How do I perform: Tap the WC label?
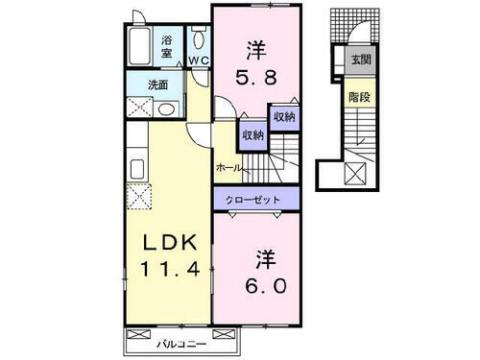coord(200,60)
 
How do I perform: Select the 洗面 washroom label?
coord(157,84)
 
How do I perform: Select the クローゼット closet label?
coord(254,199)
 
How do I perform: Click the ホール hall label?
coord(228,167)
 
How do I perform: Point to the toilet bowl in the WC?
coord(199,38)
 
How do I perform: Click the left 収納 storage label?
coord(252,135)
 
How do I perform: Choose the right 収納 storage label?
coord(283,116)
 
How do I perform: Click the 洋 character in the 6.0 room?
coord(264,259)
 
